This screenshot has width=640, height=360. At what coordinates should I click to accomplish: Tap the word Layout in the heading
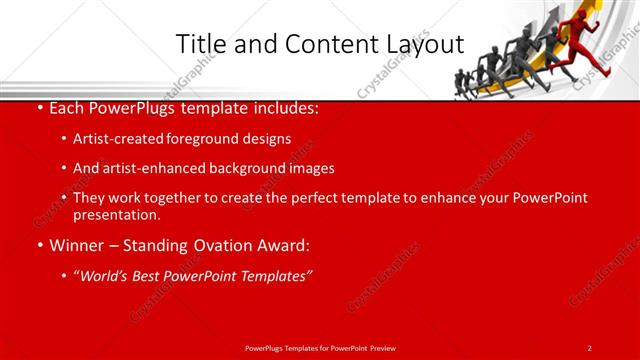pos(422,44)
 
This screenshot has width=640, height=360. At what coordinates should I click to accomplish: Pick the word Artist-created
pos(120,139)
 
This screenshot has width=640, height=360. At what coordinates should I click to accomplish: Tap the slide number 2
pos(590,347)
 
